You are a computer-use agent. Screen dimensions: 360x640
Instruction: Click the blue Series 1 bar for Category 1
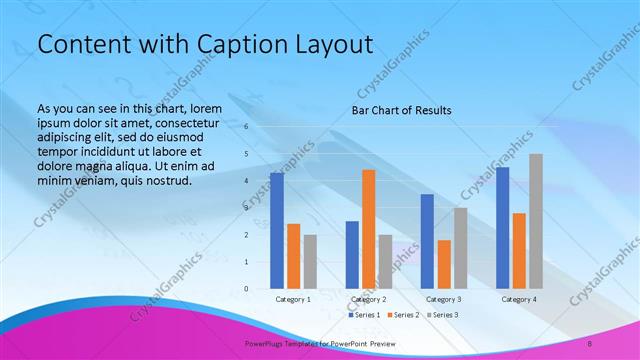tap(277, 231)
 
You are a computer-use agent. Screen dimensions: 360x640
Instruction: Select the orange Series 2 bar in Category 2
tap(369, 229)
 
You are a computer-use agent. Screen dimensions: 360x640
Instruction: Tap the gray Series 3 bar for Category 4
tap(536, 221)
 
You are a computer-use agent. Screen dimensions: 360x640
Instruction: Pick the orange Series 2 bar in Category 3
tap(444, 264)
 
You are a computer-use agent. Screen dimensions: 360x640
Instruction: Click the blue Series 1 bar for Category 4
tap(502, 228)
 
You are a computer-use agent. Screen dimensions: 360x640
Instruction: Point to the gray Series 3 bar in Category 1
tap(310, 262)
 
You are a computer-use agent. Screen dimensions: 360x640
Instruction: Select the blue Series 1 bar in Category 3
tap(427, 241)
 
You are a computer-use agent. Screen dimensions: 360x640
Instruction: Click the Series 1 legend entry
tap(364, 315)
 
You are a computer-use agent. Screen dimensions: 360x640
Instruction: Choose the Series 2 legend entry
tap(403, 315)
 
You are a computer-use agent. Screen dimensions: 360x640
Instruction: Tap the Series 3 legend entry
tap(443, 315)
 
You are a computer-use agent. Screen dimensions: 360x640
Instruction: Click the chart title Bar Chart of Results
tap(401, 110)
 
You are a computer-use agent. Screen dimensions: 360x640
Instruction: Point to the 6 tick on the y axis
tap(246, 127)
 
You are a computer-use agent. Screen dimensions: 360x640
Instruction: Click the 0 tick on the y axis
tap(246, 289)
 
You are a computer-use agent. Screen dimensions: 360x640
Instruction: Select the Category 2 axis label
tap(369, 299)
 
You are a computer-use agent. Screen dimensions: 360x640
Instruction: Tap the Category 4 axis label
tap(519, 299)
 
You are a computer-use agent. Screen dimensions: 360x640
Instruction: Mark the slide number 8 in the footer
tap(590, 343)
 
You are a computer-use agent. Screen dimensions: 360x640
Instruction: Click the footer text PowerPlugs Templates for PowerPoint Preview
tap(321, 343)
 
